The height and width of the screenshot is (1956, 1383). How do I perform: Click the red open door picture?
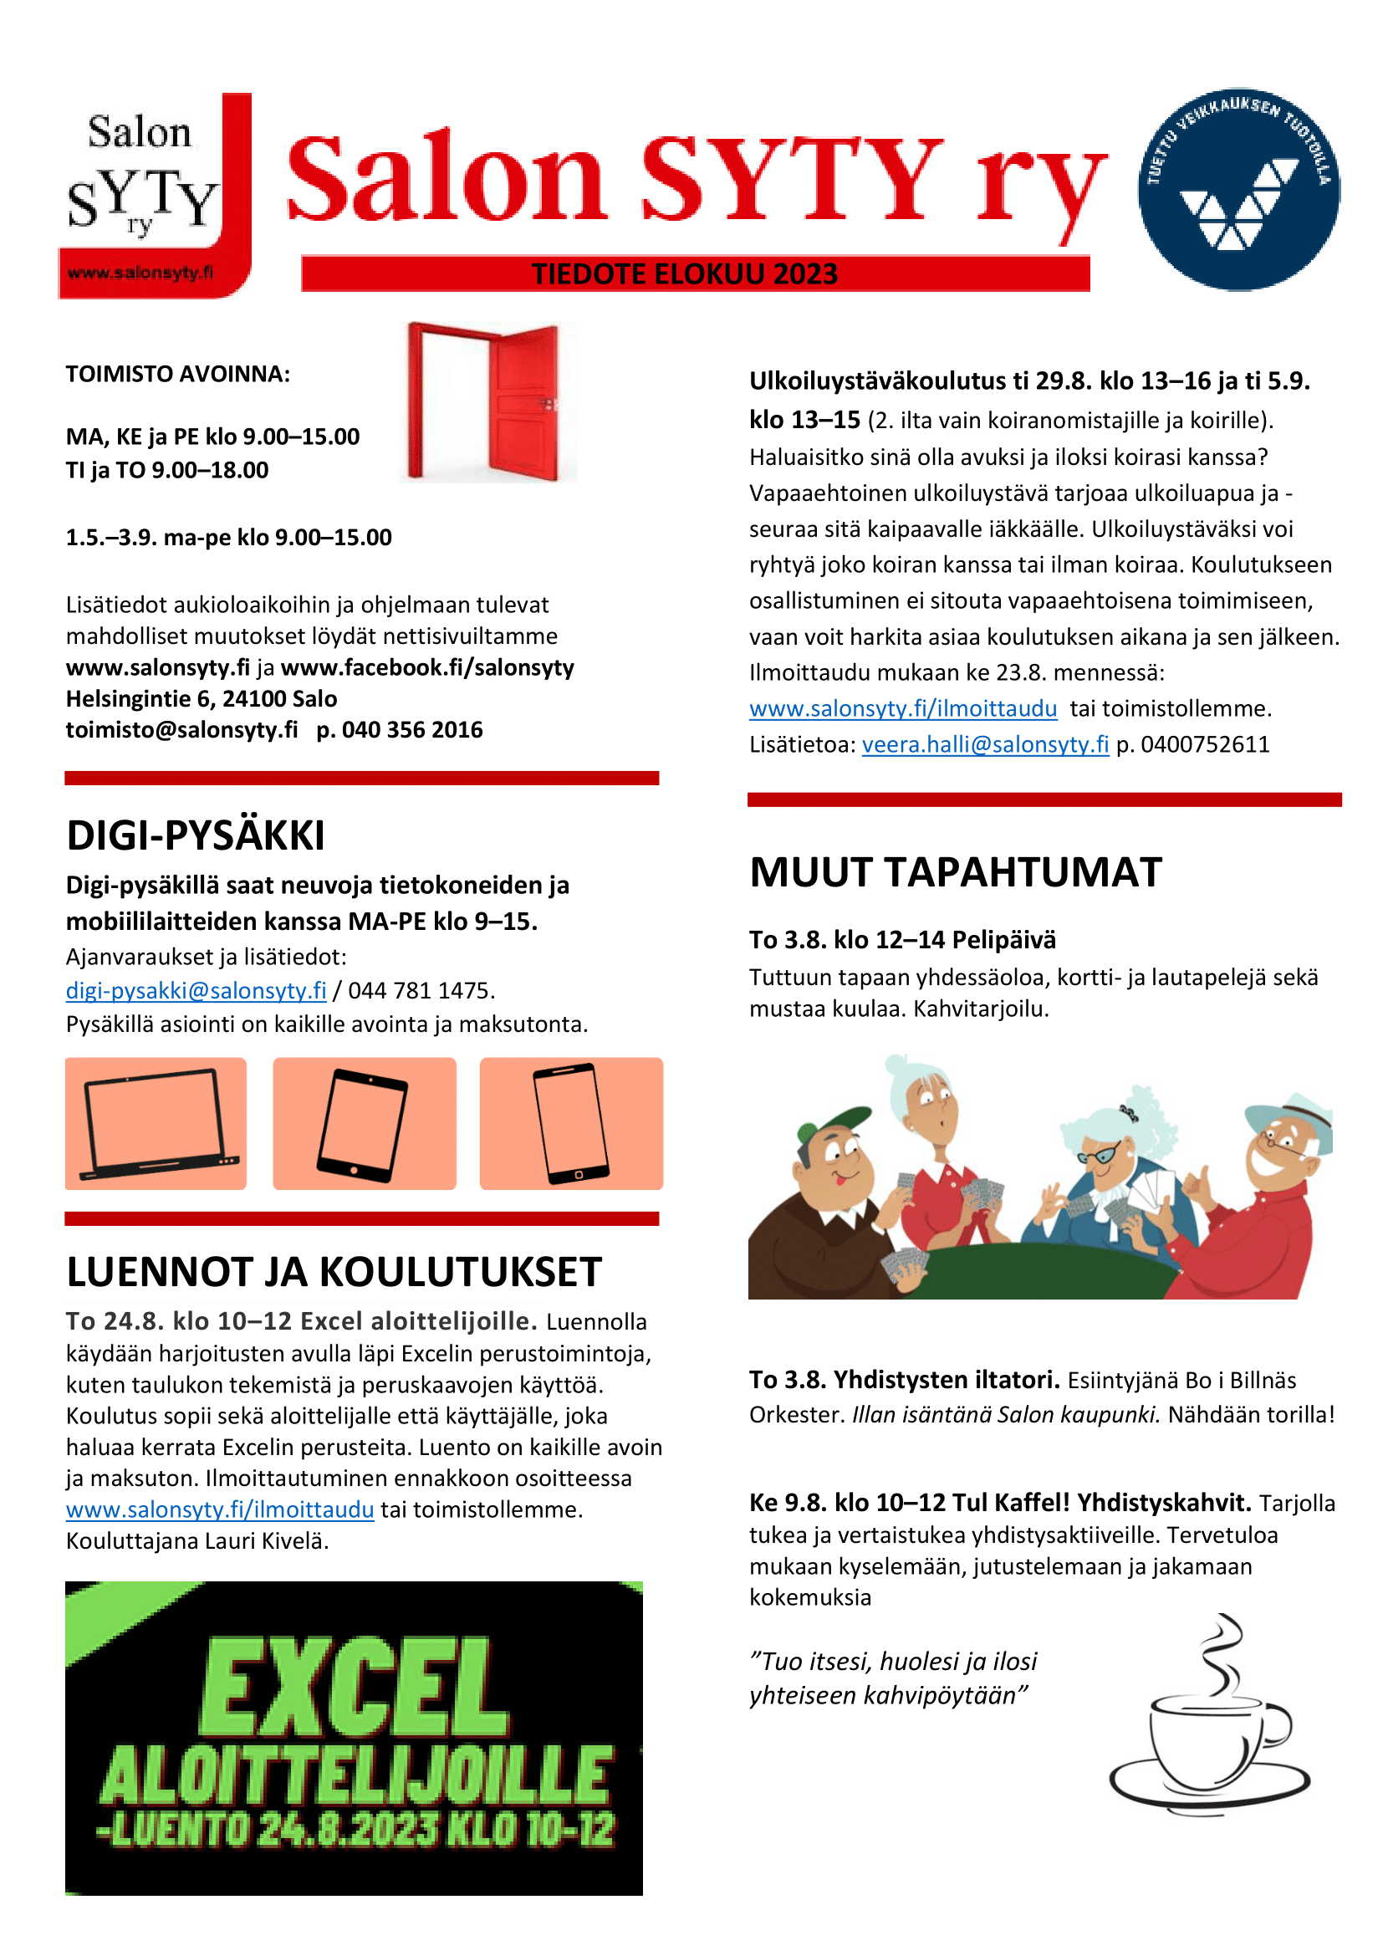(488, 402)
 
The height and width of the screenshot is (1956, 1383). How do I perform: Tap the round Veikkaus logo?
(1238, 189)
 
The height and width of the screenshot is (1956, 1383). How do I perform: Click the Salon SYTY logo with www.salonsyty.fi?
(154, 196)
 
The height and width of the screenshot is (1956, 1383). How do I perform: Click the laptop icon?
(156, 1124)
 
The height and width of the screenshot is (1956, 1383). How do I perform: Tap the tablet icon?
(363, 1124)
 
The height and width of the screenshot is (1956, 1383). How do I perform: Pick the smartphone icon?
(570, 1124)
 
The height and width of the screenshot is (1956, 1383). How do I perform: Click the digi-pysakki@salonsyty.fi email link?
(196, 990)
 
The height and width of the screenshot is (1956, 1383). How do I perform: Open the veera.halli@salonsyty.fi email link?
(984, 744)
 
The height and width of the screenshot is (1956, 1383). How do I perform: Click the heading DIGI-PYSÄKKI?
(196, 835)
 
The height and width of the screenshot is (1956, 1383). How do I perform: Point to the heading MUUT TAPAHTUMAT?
(956, 872)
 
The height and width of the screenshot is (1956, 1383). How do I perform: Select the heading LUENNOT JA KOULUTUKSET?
(334, 1272)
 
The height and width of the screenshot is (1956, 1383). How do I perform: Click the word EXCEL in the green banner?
(355, 1690)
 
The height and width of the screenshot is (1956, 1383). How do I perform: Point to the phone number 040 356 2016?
(412, 730)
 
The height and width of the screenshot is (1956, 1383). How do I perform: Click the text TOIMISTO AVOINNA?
(178, 374)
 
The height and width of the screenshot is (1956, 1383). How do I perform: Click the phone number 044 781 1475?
(421, 990)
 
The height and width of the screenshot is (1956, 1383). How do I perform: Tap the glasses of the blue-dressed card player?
(1097, 1154)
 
